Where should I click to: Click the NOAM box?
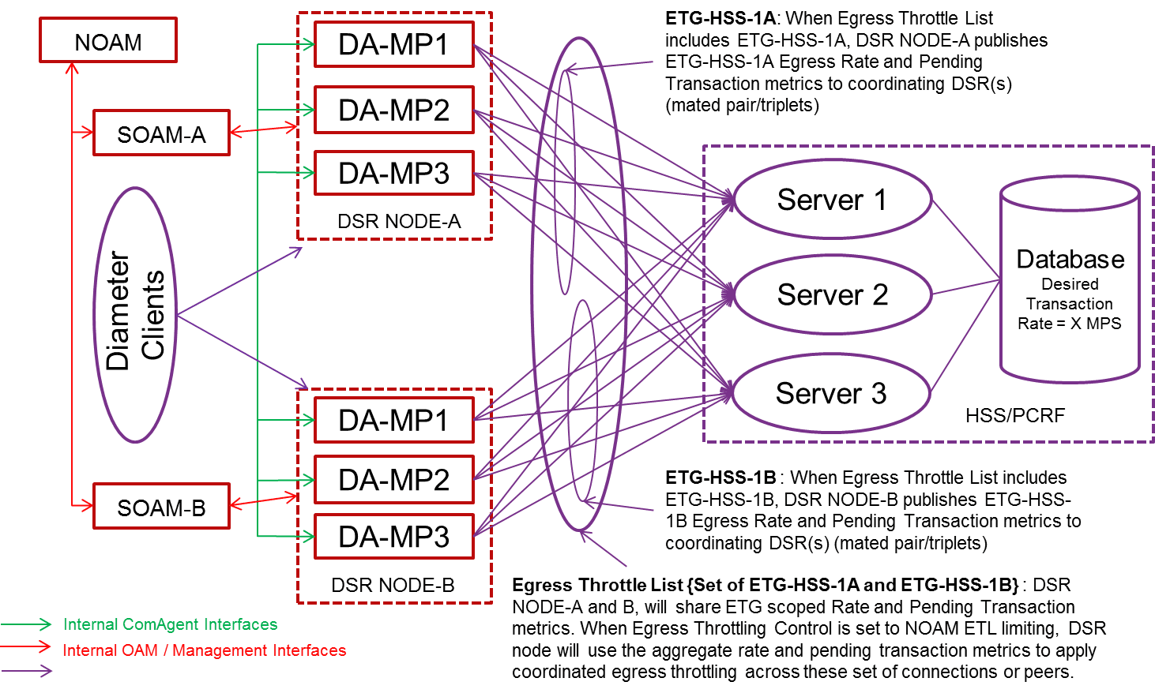pyautogui.click(x=108, y=41)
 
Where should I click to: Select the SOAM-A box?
pyautogui.click(x=161, y=133)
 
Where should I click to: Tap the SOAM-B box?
pyautogui.click(x=161, y=507)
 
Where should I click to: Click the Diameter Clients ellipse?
pyautogui.click(x=136, y=314)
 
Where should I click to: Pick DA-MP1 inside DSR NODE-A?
pyautogui.click(x=393, y=45)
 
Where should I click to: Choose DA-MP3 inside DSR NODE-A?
pyautogui.click(x=393, y=173)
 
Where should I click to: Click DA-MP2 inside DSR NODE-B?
pyautogui.click(x=393, y=480)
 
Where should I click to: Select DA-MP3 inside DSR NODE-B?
pyautogui.click(x=393, y=537)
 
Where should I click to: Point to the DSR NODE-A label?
pyautogui.click(x=398, y=222)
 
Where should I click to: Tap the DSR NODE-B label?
pyautogui.click(x=393, y=586)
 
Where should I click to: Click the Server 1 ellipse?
pyautogui.click(x=831, y=200)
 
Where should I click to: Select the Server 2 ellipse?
pyautogui.click(x=832, y=294)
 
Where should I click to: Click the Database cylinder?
pyautogui.click(x=1070, y=284)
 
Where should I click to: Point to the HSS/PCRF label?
pyautogui.click(x=1014, y=415)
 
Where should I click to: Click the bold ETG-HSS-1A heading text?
pyautogui.click(x=720, y=18)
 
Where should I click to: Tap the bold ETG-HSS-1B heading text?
pyautogui.click(x=720, y=478)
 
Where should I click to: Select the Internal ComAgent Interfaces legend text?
pyautogui.click(x=170, y=624)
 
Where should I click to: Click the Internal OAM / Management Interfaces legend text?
pyautogui.click(x=204, y=650)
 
